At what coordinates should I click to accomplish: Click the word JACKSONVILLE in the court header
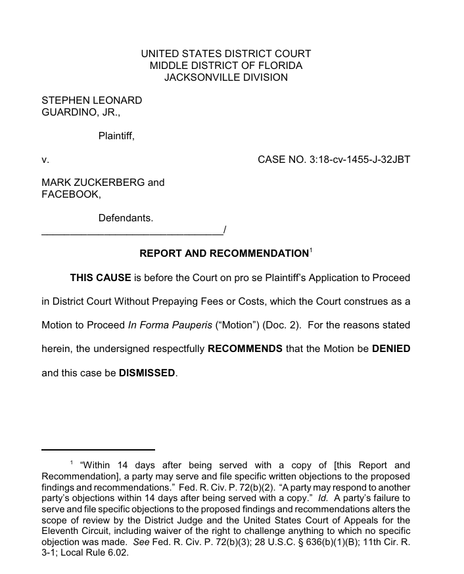point(195,77)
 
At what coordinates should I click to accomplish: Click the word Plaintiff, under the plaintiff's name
point(116,136)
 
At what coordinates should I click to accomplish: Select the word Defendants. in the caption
point(126,218)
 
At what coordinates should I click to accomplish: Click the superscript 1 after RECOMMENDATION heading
point(311,250)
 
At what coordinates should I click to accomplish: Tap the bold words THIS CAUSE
point(101,278)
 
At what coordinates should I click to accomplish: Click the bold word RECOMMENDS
point(245,349)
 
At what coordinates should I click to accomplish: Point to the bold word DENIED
point(390,349)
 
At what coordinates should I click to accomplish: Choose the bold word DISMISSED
point(147,373)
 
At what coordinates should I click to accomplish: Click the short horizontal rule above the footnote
point(98,450)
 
